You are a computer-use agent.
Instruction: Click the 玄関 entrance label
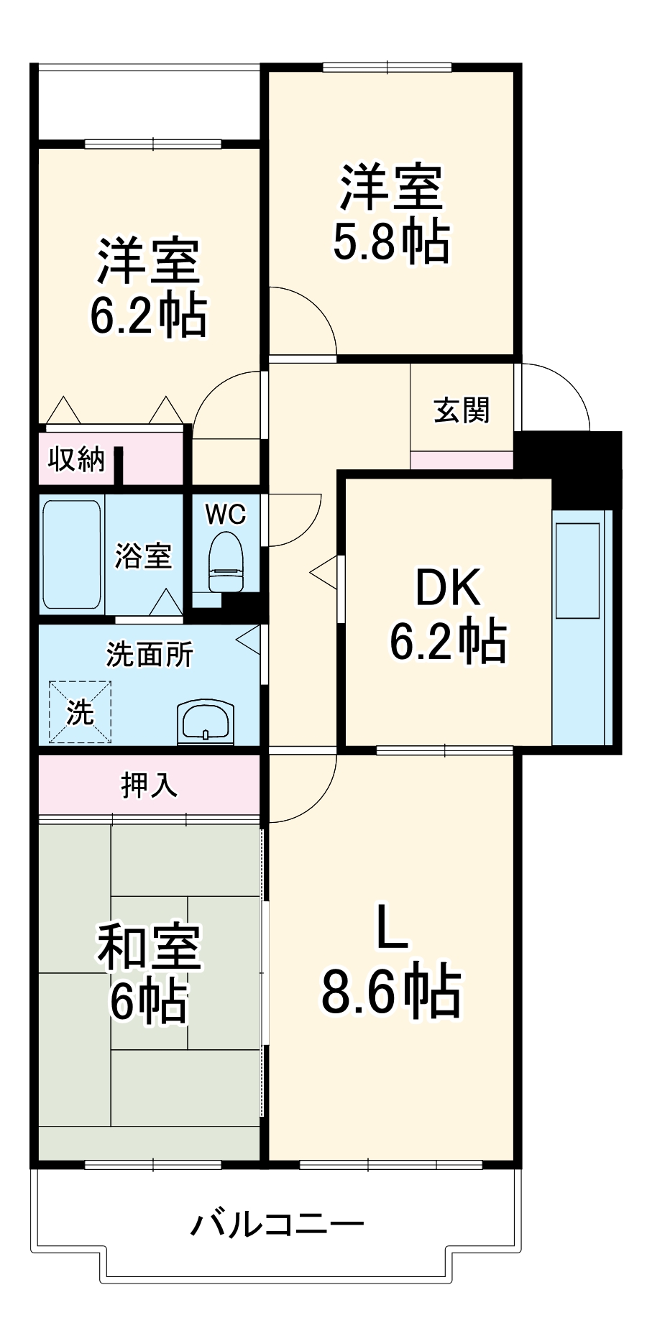[x=462, y=410]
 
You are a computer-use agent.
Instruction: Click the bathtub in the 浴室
[x=71, y=554]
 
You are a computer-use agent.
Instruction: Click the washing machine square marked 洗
[x=80, y=711]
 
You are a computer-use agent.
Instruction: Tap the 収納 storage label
[x=76, y=459]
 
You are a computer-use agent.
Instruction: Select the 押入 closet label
[x=149, y=785]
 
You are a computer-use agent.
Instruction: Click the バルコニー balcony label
[x=277, y=1223]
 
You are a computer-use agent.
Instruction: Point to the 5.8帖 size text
[x=391, y=241]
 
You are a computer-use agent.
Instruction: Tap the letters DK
[x=448, y=587]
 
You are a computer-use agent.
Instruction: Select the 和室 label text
[x=150, y=947]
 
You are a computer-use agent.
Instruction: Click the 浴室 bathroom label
[x=143, y=556]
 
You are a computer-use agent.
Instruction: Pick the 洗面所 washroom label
[x=150, y=654]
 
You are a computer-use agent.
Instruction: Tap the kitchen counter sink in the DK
[x=577, y=570]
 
